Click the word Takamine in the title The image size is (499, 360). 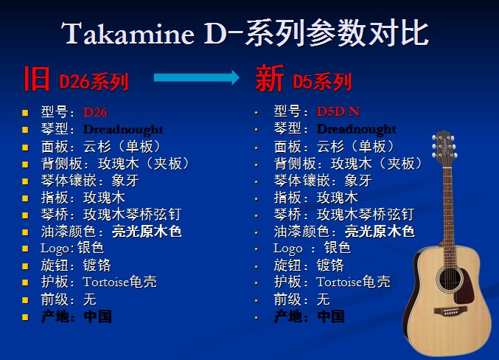[128, 33]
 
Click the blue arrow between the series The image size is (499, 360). [196, 77]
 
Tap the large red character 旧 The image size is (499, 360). [37, 79]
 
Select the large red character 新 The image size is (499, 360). [270, 78]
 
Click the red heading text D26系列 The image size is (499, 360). [94, 82]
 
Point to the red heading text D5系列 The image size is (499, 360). [322, 82]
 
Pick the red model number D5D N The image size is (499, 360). [338, 111]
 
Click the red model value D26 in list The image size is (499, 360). [95, 112]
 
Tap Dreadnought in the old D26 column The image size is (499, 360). [123, 129]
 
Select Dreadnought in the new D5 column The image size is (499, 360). [357, 129]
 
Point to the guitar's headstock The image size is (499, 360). [444, 148]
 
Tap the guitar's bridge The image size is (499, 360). [450, 311]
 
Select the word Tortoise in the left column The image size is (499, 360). [106, 282]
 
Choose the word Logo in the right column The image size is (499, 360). [288, 249]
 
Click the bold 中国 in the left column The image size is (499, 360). [98, 316]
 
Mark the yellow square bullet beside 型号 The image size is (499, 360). [25, 113]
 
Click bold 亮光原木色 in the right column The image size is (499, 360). [380, 232]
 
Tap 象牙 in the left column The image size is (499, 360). [125, 181]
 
